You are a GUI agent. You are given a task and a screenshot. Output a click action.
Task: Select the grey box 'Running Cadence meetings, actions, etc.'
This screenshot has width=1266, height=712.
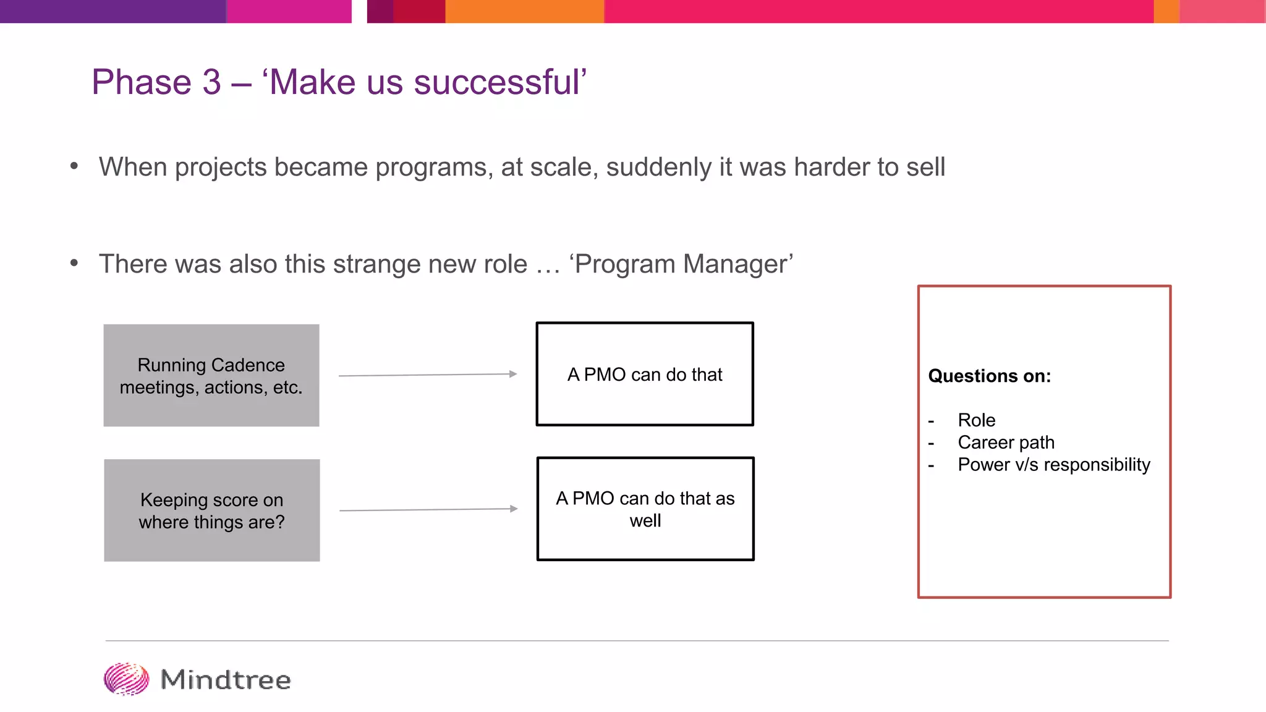(211, 375)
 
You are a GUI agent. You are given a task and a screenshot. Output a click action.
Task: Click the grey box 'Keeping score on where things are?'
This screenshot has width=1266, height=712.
(211, 510)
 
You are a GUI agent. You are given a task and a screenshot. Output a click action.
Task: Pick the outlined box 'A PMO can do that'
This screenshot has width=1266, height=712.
(645, 374)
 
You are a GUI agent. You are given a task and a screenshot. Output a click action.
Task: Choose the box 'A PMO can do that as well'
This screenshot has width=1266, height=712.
(645, 509)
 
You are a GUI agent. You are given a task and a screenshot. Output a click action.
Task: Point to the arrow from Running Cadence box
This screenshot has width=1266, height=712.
(428, 375)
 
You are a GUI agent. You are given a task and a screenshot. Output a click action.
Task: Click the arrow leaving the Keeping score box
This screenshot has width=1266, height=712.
(428, 509)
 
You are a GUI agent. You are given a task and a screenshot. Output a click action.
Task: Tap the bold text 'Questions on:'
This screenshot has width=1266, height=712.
(989, 376)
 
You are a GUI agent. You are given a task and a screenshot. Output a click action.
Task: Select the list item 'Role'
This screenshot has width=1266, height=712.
(976, 420)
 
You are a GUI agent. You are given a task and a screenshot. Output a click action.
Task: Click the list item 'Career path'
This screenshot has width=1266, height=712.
(1006, 443)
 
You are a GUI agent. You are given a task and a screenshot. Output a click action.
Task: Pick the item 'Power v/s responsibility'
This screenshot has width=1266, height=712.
(1053, 465)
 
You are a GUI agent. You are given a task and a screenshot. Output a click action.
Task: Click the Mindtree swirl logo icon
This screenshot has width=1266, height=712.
(126, 679)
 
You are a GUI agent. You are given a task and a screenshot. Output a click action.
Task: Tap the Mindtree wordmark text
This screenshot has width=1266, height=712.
(226, 680)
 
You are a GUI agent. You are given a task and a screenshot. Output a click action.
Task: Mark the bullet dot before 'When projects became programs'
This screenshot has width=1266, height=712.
(74, 166)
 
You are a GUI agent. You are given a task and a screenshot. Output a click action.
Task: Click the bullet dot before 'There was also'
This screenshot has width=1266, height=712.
(74, 263)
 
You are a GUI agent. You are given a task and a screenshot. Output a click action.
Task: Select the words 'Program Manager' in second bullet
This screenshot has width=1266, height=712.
(682, 264)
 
